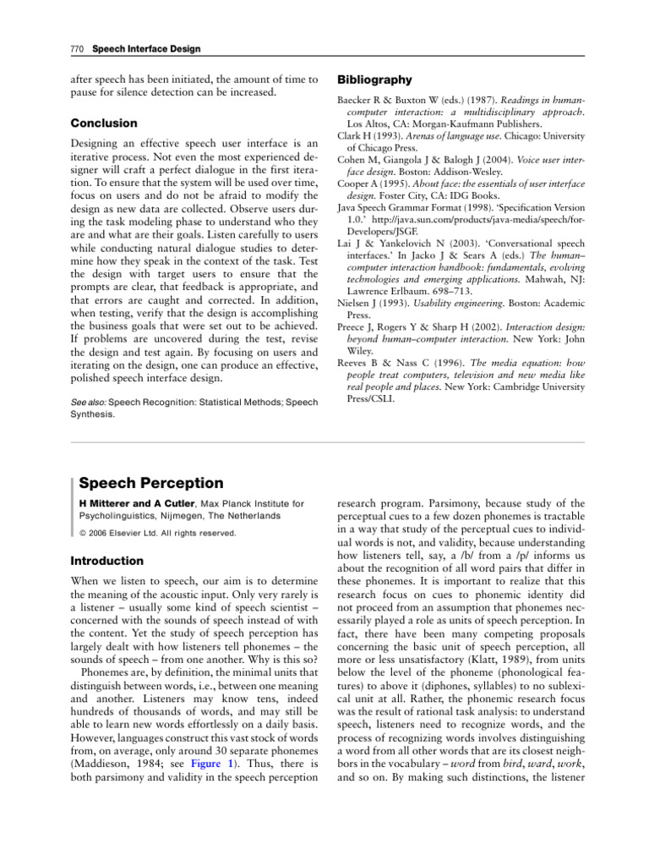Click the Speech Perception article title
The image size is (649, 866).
(151, 484)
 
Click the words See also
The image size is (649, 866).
(87, 403)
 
